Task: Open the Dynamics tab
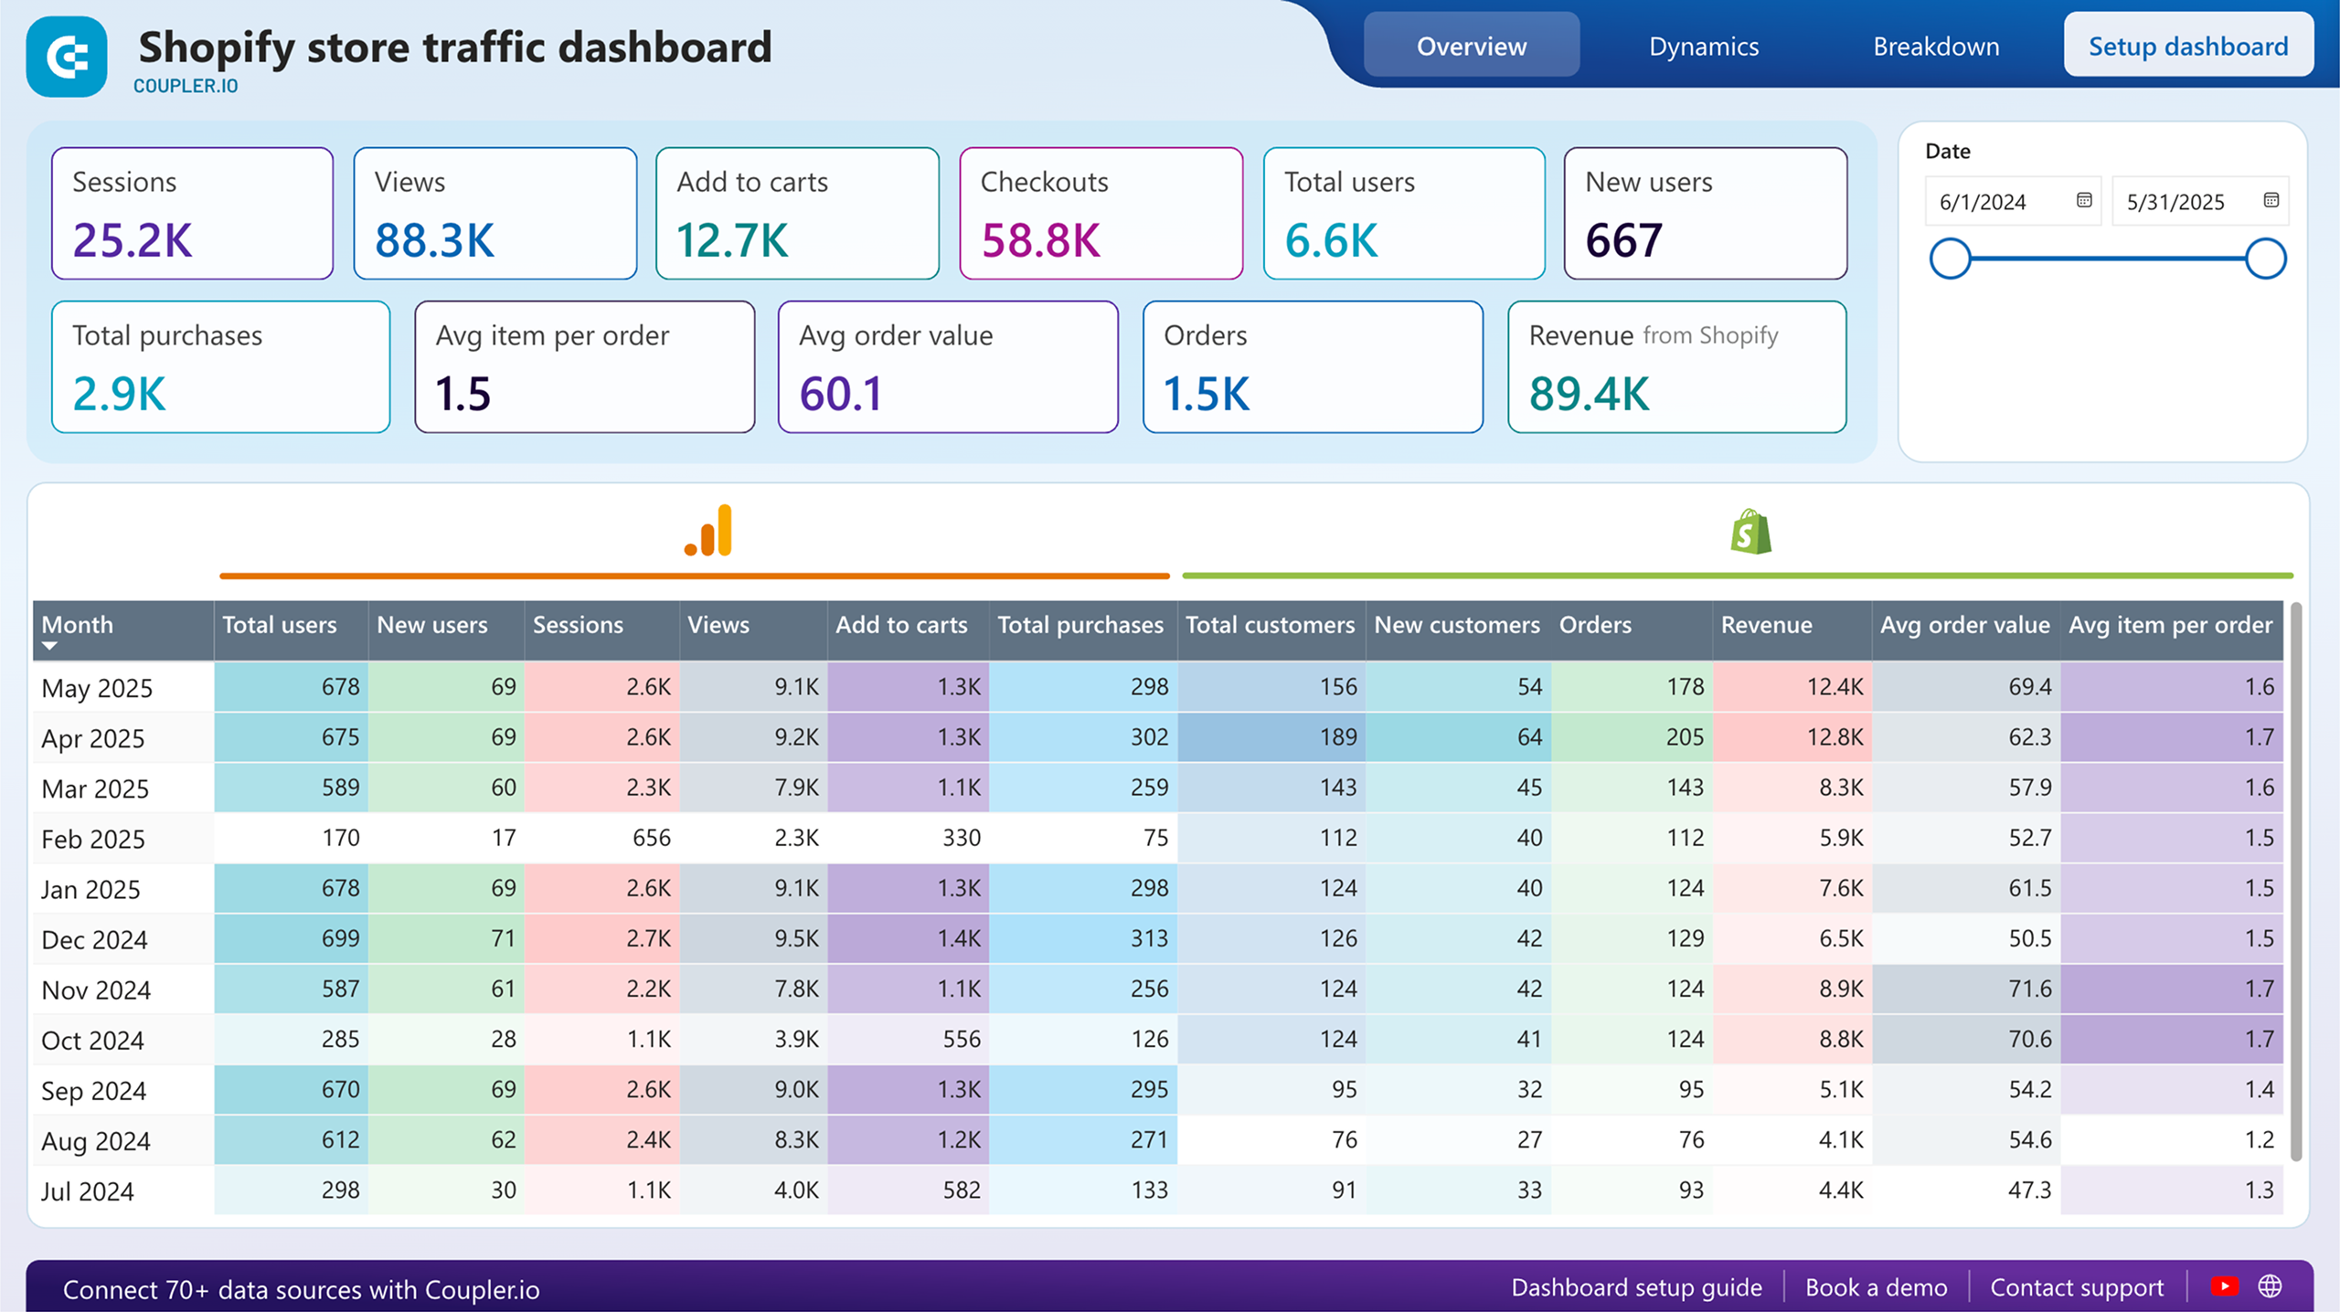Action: (1703, 47)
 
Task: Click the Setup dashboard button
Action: (2187, 47)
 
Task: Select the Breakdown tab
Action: (1935, 47)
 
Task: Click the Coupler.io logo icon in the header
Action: (67, 58)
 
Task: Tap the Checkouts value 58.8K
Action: (1040, 241)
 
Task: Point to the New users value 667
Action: (1622, 241)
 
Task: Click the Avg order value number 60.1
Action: (841, 395)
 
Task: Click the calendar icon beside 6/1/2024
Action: (2083, 201)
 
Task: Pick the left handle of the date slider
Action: (1950, 259)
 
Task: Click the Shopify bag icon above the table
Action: (1750, 533)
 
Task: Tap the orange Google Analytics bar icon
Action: (708, 532)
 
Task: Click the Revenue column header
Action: (1766, 625)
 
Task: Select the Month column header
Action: (78, 625)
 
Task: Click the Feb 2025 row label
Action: (93, 839)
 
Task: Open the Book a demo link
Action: (1876, 1287)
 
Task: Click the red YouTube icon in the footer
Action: (2224, 1286)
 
